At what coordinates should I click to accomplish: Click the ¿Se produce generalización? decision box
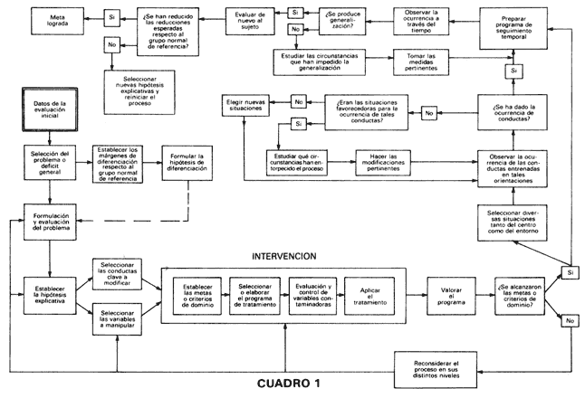coord(340,19)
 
